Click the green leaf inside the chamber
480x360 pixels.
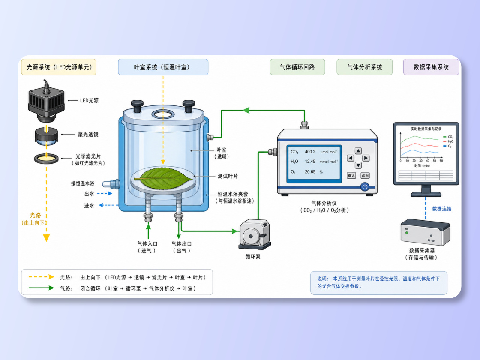(163, 178)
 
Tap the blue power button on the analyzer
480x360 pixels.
(365, 186)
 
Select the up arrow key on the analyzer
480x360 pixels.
(358, 150)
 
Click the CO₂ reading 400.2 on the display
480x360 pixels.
(310, 152)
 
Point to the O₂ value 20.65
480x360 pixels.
(310, 172)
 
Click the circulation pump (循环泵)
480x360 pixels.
(255, 234)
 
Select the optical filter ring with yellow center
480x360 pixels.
(46, 159)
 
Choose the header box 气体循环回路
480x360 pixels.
(297, 67)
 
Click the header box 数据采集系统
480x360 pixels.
(431, 67)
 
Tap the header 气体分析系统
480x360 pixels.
(364, 67)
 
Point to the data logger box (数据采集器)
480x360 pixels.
(425, 232)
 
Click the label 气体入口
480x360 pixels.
(147, 244)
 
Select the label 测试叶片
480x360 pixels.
(228, 176)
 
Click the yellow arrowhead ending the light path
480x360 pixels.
(46, 238)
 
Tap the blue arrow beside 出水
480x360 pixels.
(105, 193)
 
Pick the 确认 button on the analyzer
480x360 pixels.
(351, 175)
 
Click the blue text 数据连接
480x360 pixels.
(442, 209)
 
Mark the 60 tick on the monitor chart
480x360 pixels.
(441, 161)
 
